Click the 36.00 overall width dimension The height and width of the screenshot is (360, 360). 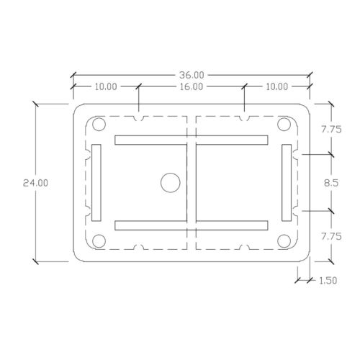[x=192, y=75]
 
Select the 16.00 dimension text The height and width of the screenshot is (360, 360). [x=192, y=86]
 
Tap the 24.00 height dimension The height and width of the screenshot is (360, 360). [x=35, y=183]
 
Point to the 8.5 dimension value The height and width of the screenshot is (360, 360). [x=331, y=183]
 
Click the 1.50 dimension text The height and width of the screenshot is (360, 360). [x=328, y=280]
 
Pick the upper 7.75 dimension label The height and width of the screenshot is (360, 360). [x=331, y=130]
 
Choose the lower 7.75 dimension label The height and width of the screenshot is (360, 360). [x=331, y=237]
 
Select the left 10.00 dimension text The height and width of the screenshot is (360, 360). [x=106, y=86]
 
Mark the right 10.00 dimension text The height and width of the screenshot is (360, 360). [x=277, y=86]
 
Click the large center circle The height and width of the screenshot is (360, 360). [x=171, y=183]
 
